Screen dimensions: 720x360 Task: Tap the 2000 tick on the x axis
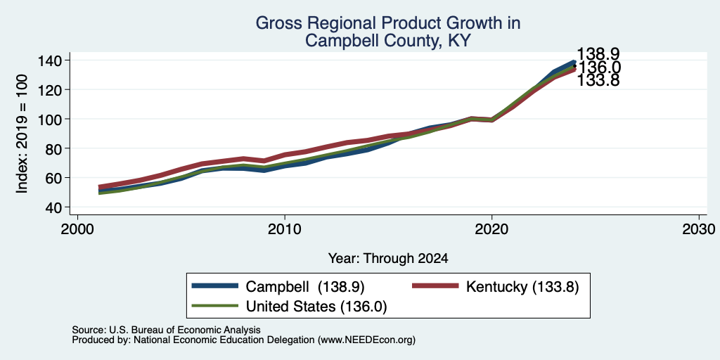coord(77,229)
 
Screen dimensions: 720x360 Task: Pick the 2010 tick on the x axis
coord(285,229)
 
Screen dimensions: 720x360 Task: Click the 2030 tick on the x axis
coord(699,229)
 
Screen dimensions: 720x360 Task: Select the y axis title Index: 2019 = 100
coord(22,134)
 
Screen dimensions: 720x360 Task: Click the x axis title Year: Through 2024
coord(388,259)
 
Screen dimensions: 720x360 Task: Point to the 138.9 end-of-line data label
coord(598,54)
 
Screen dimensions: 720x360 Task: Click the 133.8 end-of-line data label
coord(598,81)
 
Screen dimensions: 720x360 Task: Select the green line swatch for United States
coord(215,305)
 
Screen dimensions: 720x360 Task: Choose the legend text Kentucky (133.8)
coord(522,287)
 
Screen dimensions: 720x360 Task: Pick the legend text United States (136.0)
coord(317,307)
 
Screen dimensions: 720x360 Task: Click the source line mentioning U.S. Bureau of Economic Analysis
coord(166,330)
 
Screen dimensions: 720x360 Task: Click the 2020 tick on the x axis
coord(491,229)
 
